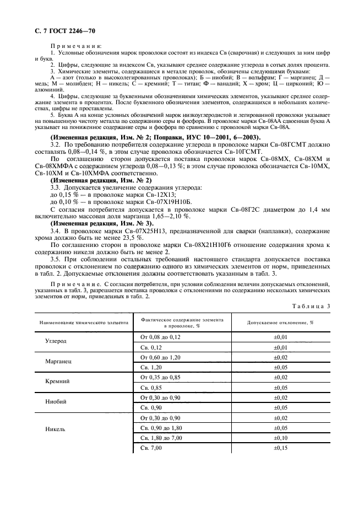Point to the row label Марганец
pos(58,361)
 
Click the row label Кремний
pos(57,381)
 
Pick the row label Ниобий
pos(57,402)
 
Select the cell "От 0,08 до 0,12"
pos(161,336)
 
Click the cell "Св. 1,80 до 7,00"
pos(163,438)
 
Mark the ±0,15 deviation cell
pos(281,448)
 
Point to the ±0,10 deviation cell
pos(281,438)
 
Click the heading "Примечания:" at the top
pos(71,46)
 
